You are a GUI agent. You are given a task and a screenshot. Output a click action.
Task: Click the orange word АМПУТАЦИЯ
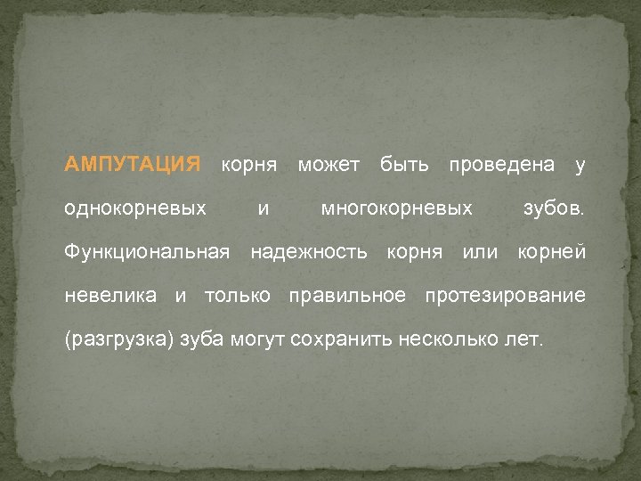point(133,165)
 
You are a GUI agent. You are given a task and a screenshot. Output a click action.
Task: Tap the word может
point(329,165)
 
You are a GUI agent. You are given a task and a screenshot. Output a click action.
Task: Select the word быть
point(404,165)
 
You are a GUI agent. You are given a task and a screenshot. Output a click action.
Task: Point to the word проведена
point(502,165)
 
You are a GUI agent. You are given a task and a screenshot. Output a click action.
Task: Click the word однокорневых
point(135,208)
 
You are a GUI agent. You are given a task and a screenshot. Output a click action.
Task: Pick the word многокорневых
point(396,208)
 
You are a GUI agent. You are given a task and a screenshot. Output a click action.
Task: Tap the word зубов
point(553,208)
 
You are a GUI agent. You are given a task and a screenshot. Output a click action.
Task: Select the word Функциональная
point(147,252)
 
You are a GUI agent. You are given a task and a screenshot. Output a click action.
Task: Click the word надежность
point(308,252)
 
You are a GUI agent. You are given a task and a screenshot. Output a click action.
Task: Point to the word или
point(480,252)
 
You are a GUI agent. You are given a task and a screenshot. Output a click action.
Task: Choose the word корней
point(552,252)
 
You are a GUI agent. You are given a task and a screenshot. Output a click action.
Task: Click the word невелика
point(110,296)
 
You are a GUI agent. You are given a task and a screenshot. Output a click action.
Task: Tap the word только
point(236,296)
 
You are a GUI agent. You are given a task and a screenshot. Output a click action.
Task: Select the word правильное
point(347,296)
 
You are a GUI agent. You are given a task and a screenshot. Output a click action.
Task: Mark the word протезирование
point(505,296)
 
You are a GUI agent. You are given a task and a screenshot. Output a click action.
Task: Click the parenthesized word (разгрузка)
point(119,339)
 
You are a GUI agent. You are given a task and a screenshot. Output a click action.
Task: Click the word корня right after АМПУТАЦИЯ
point(248,165)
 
